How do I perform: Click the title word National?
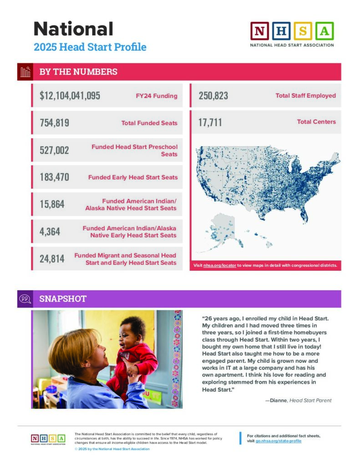pyautogui.click(x=73, y=29)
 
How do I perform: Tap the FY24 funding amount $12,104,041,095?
pyautogui.click(x=70, y=96)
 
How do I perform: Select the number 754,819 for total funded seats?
pyautogui.click(x=54, y=122)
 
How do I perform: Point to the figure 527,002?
pyautogui.click(x=54, y=150)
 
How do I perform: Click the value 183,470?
pyautogui.click(x=54, y=177)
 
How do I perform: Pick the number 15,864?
pyautogui.click(x=52, y=204)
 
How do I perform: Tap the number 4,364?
pyautogui.click(x=50, y=232)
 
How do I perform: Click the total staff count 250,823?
pyautogui.click(x=213, y=96)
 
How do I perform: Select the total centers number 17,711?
pyautogui.click(x=210, y=122)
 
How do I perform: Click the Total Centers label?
pyautogui.click(x=316, y=122)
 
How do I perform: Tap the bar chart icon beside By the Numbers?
pyautogui.click(x=25, y=72)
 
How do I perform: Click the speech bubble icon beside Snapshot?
pyautogui.click(x=25, y=299)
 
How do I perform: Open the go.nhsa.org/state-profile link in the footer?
pyautogui.click(x=279, y=441)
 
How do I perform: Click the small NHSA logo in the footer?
pyautogui.click(x=48, y=439)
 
